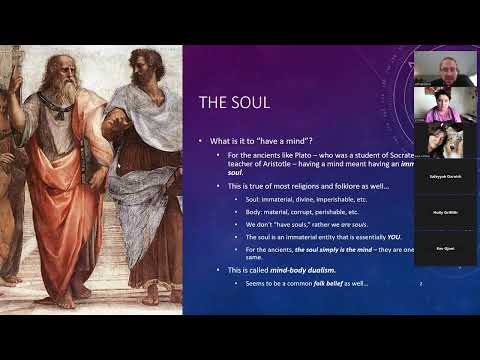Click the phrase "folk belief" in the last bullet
pos(332,283)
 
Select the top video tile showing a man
pos(443,70)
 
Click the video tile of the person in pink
pos(443,105)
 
